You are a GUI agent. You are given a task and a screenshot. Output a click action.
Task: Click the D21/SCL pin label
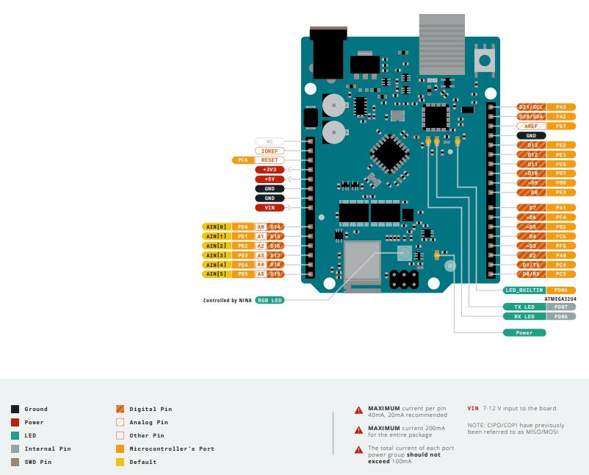click(x=532, y=107)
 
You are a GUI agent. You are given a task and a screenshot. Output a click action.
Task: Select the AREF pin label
click(x=532, y=126)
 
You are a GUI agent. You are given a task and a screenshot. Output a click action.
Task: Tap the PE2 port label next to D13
click(x=561, y=145)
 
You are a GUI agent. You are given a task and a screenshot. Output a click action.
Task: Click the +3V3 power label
click(x=270, y=170)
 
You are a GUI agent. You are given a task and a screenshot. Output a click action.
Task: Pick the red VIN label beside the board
click(x=270, y=207)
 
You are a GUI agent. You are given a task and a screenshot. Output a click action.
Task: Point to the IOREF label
click(x=270, y=151)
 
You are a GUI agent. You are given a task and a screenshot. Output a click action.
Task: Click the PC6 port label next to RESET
click(x=242, y=160)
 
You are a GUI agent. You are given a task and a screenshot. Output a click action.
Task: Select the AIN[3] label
click(x=215, y=255)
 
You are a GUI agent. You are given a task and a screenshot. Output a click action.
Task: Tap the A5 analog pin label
click(x=260, y=274)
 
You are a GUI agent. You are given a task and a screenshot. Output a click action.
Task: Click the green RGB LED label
click(x=270, y=300)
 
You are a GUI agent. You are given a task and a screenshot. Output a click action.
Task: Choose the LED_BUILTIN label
click(x=524, y=290)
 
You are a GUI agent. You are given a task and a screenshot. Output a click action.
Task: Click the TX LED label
click(x=524, y=307)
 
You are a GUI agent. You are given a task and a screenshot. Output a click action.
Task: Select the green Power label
click(x=524, y=332)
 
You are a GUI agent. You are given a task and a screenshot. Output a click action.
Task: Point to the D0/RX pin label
click(x=532, y=274)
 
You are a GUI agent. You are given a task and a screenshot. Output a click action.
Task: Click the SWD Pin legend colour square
click(x=15, y=462)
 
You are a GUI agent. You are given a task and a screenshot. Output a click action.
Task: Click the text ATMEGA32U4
click(x=560, y=299)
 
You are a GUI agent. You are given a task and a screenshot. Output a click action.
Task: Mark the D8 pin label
click(x=532, y=192)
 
